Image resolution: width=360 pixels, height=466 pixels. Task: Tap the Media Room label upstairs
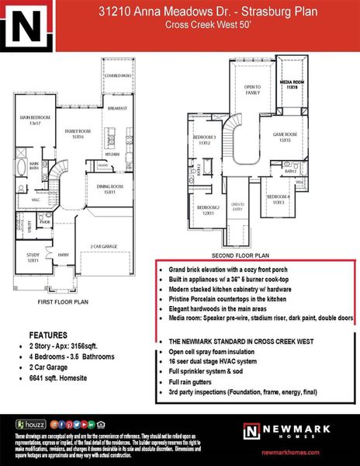(x=291, y=84)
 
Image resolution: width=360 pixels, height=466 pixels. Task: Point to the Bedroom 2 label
(x=205, y=210)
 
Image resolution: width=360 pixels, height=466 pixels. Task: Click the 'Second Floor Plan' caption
(x=242, y=254)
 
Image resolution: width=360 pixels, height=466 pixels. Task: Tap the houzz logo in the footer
(x=31, y=424)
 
